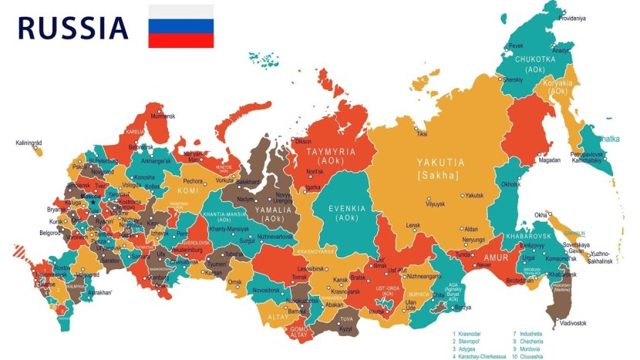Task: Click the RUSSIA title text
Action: pos(72,28)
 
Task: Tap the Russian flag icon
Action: pos(181,26)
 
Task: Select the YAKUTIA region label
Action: pos(440,163)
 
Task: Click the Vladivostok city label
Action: pos(573,322)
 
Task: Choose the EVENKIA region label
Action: pos(348,208)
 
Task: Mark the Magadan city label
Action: pos(550,160)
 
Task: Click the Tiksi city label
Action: pos(422,134)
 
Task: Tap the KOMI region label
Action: pos(188,190)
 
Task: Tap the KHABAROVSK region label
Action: pos(528,236)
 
